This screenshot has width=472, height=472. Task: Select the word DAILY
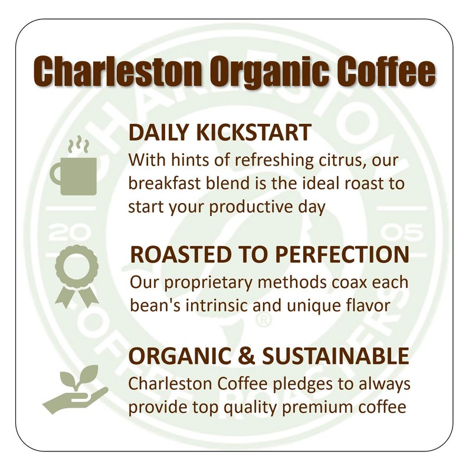155,132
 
